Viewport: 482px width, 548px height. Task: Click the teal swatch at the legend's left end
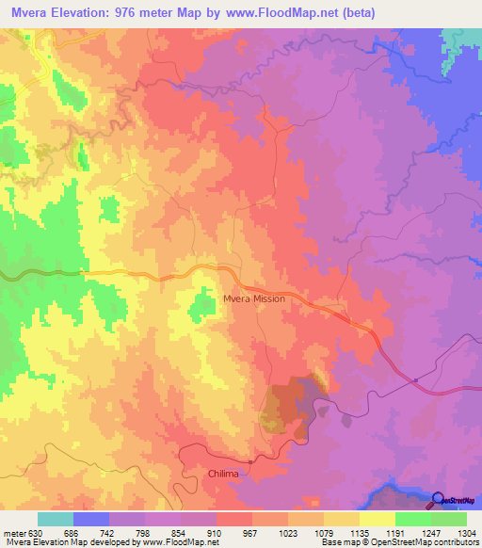[56, 519]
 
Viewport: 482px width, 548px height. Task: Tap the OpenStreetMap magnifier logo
[438, 500]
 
